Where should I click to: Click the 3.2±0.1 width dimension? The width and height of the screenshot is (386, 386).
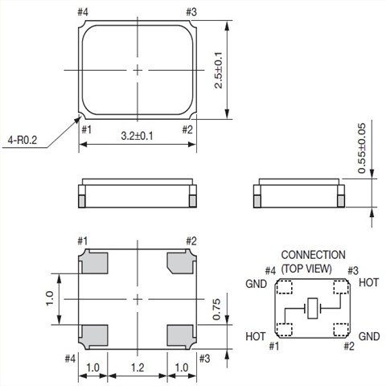click(137, 136)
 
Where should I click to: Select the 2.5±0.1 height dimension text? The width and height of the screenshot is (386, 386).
click(219, 70)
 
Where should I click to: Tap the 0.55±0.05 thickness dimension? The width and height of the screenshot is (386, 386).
click(362, 148)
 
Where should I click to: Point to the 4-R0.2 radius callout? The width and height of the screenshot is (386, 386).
click(23, 140)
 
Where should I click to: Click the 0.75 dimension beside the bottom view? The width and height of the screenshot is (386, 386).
click(216, 310)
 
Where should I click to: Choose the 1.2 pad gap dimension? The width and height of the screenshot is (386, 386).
click(138, 368)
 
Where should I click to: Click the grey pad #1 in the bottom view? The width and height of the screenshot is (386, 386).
click(94, 262)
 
